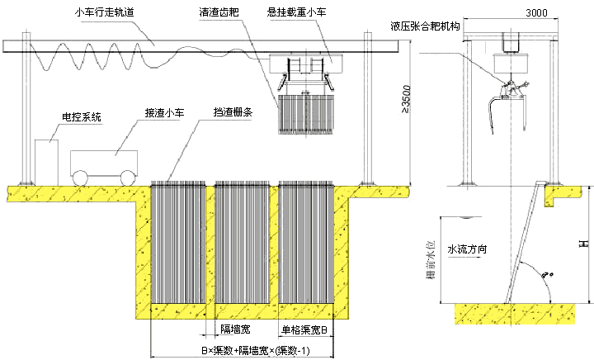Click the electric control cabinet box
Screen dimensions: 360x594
[x=46, y=160]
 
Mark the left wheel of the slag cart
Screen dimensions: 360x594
[x=82, y=178]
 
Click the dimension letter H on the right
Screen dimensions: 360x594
[x=583, y=244]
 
